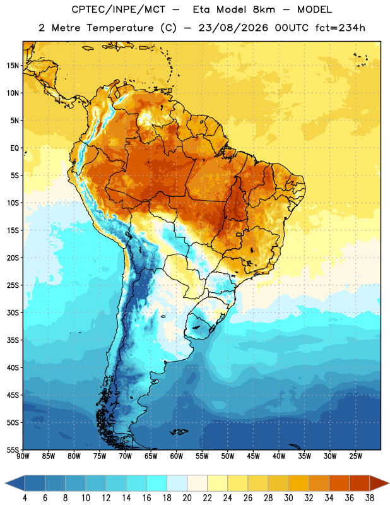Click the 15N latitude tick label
13,66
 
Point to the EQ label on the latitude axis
15,148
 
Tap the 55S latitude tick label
13,449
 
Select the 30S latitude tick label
13,312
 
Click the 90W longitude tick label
23,456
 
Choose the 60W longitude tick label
177,456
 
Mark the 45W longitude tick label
254,456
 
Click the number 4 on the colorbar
25,498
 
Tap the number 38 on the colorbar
370,498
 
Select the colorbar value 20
187,498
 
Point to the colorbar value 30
288,498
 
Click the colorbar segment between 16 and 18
157,484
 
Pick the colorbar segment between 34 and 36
340,484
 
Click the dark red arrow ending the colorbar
379,484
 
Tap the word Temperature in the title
120,28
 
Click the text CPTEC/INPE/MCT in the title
118,9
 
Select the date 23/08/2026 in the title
233,28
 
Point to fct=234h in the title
340,28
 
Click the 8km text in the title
264,9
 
